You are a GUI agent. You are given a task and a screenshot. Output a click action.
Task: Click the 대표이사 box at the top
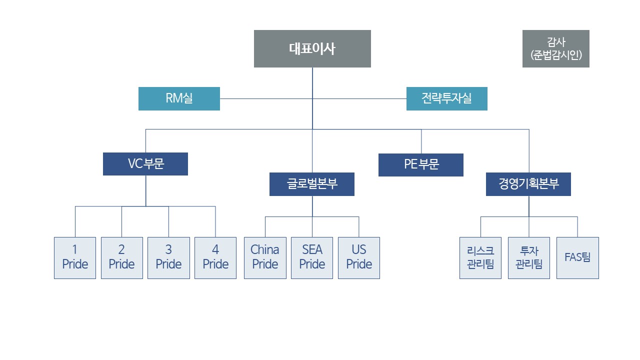click(312, 48)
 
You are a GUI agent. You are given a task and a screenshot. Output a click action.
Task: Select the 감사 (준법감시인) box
click(555, 48)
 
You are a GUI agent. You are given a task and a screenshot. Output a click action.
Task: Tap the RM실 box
click(179, 98)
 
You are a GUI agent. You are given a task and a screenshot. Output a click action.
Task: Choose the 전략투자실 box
click(446, 98)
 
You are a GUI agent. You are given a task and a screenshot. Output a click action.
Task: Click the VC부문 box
click(145, 164)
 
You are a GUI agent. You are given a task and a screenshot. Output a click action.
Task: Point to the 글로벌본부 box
click(312, 184)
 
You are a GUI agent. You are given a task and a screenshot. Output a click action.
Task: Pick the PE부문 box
click(421, 165)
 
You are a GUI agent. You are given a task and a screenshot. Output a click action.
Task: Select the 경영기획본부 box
click(528, 184)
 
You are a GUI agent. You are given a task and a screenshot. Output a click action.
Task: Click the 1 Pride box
click(75, 257)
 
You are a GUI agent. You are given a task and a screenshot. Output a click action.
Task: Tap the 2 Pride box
click(122, 257)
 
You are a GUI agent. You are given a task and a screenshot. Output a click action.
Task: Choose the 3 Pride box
click(168, 257)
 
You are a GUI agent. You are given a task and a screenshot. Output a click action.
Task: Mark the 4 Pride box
click(215, 257)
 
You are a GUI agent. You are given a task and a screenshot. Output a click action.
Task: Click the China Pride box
click(265, 257)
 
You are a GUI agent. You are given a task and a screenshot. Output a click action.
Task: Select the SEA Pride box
click(312, 257)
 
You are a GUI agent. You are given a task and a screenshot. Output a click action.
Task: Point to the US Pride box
click(359, 257)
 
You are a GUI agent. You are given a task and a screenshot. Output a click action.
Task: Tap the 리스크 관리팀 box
click(480, 257)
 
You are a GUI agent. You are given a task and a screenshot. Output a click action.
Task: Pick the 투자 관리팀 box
click(528, 257)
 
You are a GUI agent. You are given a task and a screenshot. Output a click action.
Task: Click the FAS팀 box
click(577, 257)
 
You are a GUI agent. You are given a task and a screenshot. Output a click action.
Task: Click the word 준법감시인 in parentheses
click(555, 55)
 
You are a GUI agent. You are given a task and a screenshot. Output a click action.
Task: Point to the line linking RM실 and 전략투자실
click(265, 98)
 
